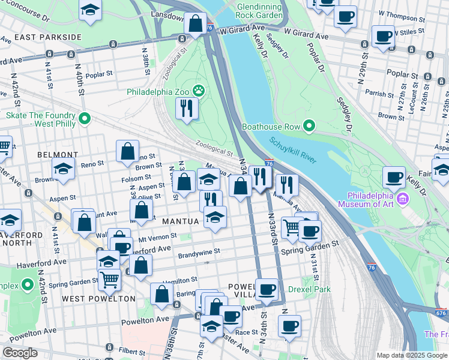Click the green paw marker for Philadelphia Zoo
[199, 92]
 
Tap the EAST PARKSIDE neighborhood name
[47, 37]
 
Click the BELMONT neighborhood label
[58, 155]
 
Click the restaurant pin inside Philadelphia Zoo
[187, 108]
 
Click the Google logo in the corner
[20, 353]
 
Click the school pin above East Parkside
[91, 10]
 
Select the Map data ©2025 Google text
[411, 355]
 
